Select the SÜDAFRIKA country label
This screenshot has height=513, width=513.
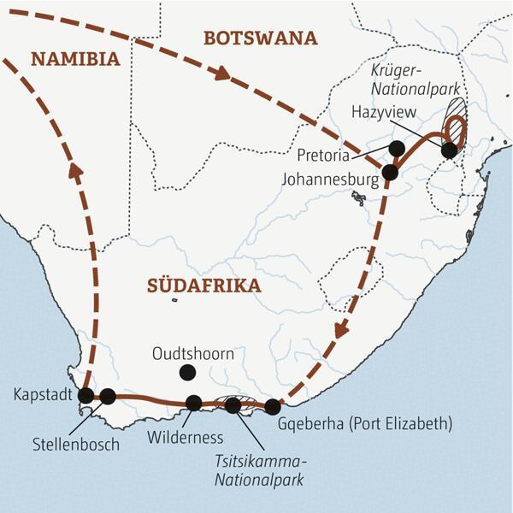pos(203,286)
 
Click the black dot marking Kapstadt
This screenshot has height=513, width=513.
pos(85,395)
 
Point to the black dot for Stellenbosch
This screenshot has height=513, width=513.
pos(108,396)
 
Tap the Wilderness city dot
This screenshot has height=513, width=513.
pos(194,402)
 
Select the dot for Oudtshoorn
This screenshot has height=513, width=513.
pos(186,372)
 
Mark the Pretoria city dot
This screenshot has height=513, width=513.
pos(396,148)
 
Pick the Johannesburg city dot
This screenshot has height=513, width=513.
pos(390,172)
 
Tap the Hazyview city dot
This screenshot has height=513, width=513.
pos(449,150)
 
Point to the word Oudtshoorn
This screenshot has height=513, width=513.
pos(192,351)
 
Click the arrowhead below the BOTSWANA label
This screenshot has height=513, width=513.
pos(222,74)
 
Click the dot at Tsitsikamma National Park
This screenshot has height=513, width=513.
pos(233,405)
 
